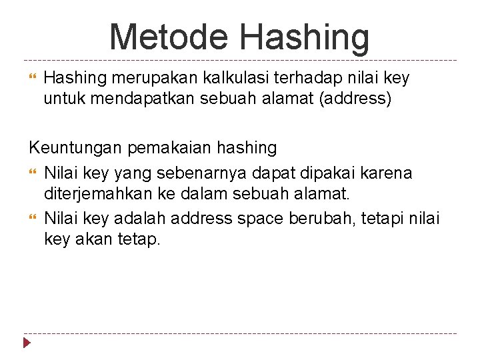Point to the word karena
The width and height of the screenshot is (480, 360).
tap(389, 173)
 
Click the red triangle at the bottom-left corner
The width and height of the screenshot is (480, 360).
tap(27, 344)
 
